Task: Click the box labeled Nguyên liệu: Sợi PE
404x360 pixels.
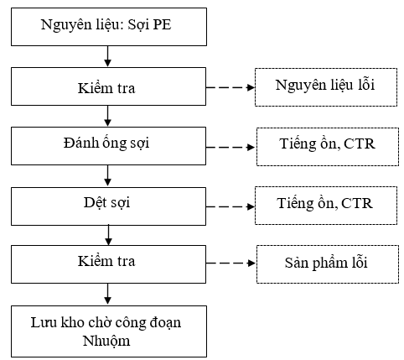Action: [x=109, y=27]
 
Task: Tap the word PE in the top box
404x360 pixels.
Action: [x=162, y=24]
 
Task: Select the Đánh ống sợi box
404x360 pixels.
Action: [x=109, y=146]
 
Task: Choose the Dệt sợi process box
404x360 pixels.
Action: [x=109, y=206]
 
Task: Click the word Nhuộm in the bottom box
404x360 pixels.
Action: [x=106, y=342]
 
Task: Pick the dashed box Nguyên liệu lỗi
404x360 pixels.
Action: [x=326, y=87]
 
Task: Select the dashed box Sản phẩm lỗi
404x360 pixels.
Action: [x=328, y=264]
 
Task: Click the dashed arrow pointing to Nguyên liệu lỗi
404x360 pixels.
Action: [x=230, y=87]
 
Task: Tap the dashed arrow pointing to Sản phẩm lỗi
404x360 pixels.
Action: [x=231, y=263]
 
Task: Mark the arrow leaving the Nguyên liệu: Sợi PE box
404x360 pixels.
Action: [x=107, y=56]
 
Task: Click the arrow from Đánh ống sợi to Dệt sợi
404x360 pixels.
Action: [x=107, y=175]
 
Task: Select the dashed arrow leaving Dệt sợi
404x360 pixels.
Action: [x=230, y=206]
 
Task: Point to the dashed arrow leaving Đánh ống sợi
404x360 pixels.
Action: [x=230, y=147]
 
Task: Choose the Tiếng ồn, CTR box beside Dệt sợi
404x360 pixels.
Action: [x=326, y=206]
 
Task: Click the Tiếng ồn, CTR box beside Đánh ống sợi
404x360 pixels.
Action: [x=328, y=147]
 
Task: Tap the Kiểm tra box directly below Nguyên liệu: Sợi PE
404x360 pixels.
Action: [x=109, y=86]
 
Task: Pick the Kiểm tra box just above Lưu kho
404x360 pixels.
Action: [x=109, y=264]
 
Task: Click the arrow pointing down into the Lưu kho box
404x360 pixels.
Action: [x=107, y=294]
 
